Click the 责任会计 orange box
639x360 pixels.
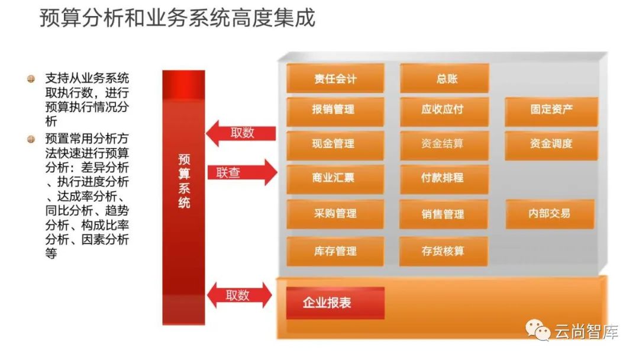click(335, 78)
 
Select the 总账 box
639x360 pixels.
click(444, 78)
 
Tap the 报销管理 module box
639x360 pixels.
click(335, 110)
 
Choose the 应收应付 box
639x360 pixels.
click(444, 110)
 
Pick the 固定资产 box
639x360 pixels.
click(551, 110)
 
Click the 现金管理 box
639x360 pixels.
click(335, 144)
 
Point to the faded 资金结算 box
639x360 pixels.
click(444, 144)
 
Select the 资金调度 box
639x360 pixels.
click(551, 144)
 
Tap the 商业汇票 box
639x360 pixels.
click(335, 178)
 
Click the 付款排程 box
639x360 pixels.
click(444, 178)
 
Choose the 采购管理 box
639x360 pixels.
click(335, 214)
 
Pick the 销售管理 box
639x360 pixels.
click(444, 214)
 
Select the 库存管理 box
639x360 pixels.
click(335, 251)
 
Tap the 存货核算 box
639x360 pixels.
click(444, 251)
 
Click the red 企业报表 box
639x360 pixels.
click(335, 303)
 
